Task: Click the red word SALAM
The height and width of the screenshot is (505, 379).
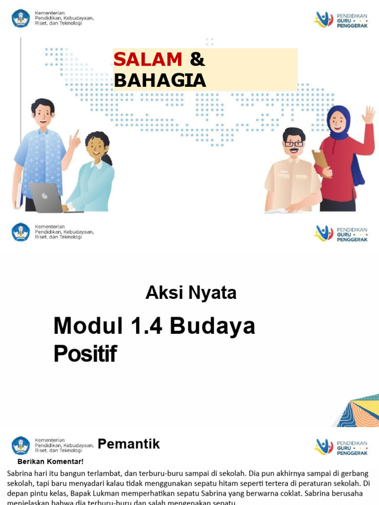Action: coord(148,60)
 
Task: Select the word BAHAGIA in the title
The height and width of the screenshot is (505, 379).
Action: coord(159,80)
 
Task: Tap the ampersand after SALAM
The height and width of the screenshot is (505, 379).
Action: coord(197,60)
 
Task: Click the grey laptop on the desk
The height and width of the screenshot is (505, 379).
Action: coord(46,197)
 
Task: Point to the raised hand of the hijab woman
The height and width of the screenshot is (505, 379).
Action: coord(368,115)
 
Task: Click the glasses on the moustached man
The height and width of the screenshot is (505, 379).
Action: coord(294,144)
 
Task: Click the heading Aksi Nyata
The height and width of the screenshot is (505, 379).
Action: coord(191,293)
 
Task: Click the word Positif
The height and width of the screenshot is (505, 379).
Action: coord(85,354)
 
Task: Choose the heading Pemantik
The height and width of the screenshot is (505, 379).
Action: coord(129,444)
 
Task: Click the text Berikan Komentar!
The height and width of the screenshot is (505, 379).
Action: coord(50,462)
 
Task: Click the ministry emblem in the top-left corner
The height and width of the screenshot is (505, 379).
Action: coord(21,18)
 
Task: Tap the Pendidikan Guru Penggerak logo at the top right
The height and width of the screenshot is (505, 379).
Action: coord(341,19)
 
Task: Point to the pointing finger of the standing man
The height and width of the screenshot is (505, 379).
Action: coord(76,134)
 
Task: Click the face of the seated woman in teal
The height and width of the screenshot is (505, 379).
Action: coord(96,146)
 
